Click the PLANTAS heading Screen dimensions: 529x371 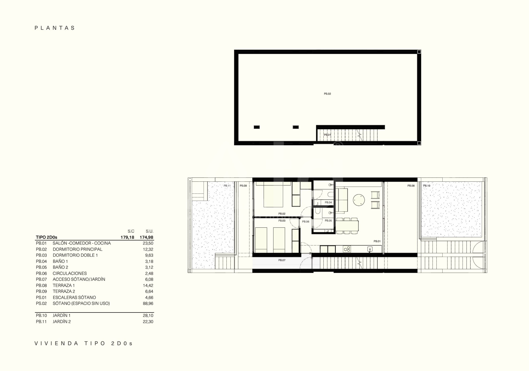(55, 28)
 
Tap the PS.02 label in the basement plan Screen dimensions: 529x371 (327, 94)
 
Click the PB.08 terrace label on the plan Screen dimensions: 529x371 (411, 186)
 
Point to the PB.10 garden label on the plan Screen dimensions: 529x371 (427, 186)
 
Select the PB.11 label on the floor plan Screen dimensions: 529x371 (227, 186)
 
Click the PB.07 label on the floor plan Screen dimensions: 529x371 (282, 260)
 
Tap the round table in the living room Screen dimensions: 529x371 (359, 200)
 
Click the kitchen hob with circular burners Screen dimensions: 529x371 (347, 249)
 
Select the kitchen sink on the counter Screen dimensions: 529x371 (370, 249)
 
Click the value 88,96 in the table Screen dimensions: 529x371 (148, 303)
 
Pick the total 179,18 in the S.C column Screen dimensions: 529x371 (127, 237)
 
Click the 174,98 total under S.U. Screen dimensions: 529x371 (147, 237)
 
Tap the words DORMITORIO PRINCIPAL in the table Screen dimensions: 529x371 (77, 249)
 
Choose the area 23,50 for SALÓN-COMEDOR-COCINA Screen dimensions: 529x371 (148, 243)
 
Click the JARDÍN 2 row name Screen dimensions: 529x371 (62, 322)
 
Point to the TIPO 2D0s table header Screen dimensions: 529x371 (46, 237)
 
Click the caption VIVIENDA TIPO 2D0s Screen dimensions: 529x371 (84, 343)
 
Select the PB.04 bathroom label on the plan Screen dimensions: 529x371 (328, 203)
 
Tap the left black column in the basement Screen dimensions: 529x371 (257, 127)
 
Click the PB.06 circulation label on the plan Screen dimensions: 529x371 (306, 222)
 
